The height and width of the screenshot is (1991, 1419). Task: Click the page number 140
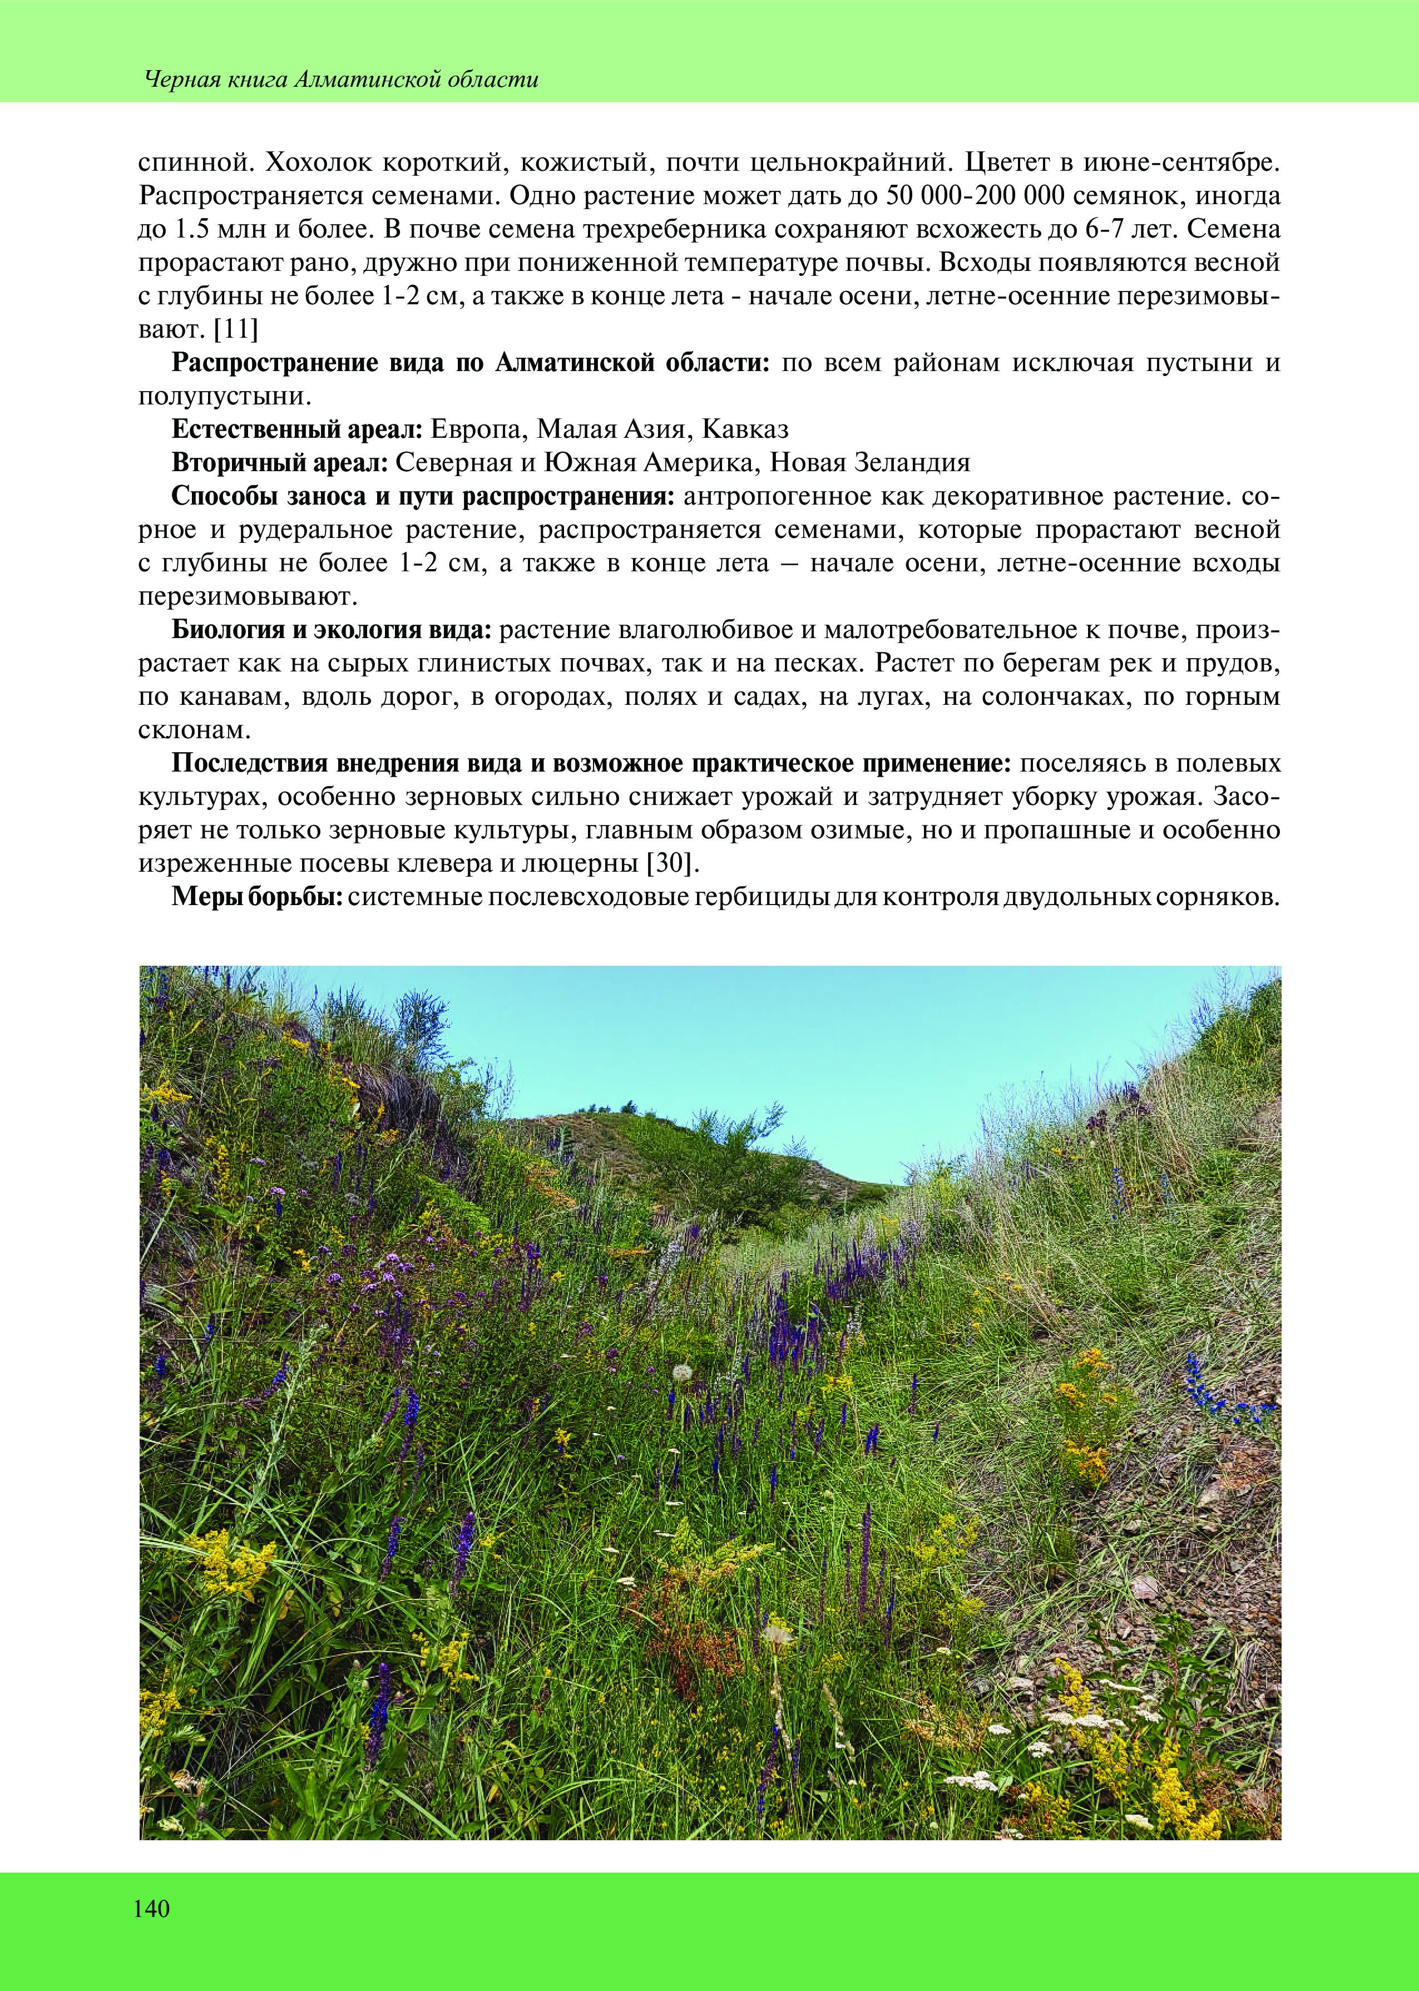click(152, 1909)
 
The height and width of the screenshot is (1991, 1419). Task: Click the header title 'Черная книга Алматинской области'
click(342, 80)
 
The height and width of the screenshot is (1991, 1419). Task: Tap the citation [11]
click(236, 329)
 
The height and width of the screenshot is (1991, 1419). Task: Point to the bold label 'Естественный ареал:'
click(297, 429)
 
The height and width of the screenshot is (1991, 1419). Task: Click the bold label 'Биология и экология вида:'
click(333, 629)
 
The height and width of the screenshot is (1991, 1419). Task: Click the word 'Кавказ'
click(745, 429)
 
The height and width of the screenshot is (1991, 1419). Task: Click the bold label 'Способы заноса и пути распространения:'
click(423, 495)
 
